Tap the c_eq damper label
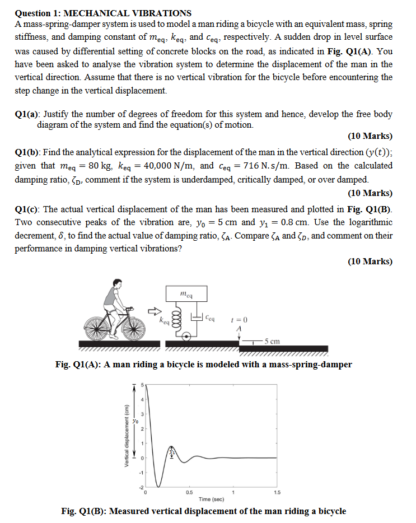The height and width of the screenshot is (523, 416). tap(209, 317)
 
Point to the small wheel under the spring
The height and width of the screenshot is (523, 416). tap(185, 335)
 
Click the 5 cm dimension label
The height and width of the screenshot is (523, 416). tap(273, 341)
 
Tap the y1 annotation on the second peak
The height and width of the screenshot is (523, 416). tap(172, 452)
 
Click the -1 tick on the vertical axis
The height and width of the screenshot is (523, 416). tap(142, 473)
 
